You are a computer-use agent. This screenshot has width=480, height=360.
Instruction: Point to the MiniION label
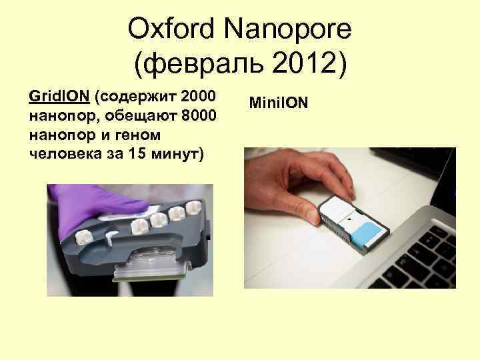click(278, 103)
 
